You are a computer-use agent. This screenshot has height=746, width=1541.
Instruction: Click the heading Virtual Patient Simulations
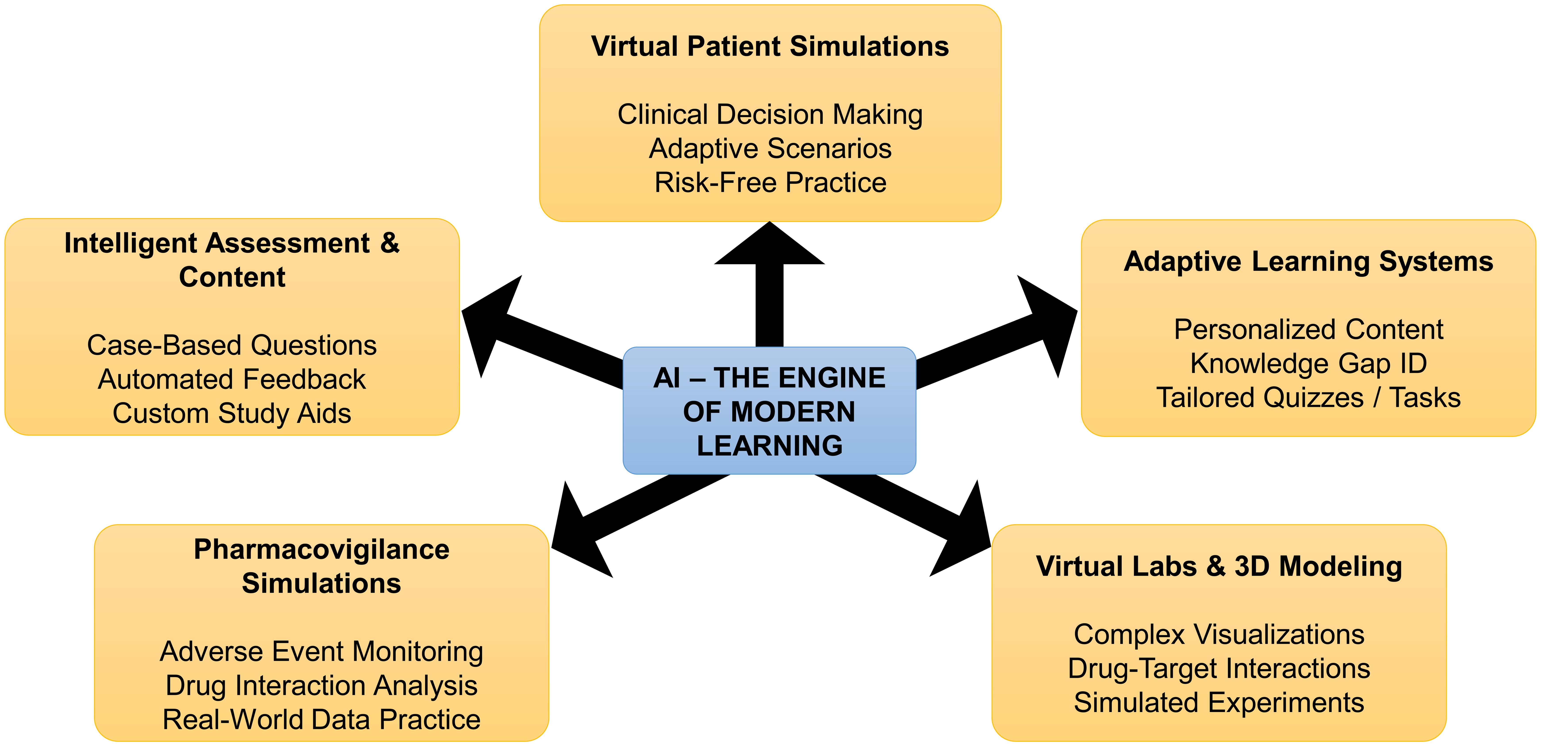pyautogui.click(x=770, y=47)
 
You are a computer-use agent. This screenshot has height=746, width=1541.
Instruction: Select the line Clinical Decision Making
pyautogui.click(x=770, y=114)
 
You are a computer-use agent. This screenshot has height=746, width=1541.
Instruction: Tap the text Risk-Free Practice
pyautogui.click(x=770, y=183)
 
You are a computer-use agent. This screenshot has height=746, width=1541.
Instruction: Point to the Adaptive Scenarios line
pyautogui.click(x=770, y=148)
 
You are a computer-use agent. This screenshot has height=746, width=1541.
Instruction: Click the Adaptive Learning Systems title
pyautogui.click(x=1308, y=261)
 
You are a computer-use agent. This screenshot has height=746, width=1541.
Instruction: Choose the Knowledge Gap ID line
pyautogui.click(x=1308, y=363)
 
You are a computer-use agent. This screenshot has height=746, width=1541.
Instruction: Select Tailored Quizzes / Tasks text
pyautogui.click(x=1308, y=397)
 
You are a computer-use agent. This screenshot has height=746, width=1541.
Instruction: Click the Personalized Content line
pyautogui.click(x=1308, y=329)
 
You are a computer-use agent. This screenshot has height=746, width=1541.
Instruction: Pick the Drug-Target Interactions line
pyautogui.click(x=1219, y=668)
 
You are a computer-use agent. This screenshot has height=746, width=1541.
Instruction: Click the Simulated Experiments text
pyautogui.click(x=1219, y=702)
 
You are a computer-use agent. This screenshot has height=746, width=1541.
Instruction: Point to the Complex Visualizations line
pyautogui.click(x=1219, y=634)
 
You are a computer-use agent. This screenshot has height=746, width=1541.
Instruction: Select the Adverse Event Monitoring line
pyautogui.click(x=321, y=652)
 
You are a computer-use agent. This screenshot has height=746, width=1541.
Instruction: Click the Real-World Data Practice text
pyautogui.click(x=321, y=719)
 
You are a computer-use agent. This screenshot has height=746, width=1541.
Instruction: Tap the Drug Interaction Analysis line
pyautogui.click(x=321, y=686)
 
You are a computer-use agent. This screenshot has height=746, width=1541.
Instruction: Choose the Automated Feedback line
pyautogui.click(x=231, y=379)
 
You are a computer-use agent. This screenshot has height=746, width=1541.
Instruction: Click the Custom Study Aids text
pyautogui.click(x=231, y=413)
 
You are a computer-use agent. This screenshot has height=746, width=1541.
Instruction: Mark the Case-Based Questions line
pyautogui.click(x=231, y=345)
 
